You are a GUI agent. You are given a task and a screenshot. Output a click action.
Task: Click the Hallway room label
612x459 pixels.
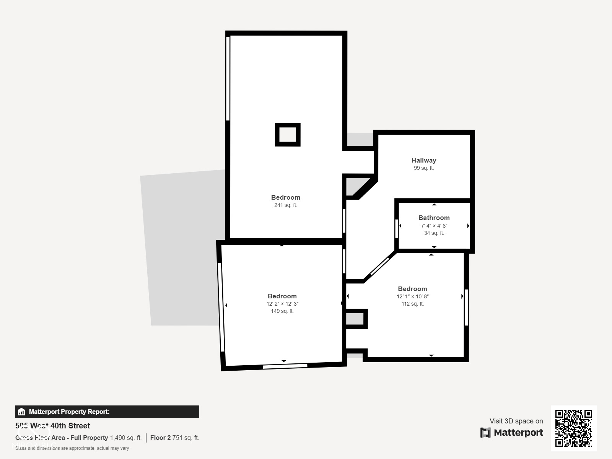pos(424,160)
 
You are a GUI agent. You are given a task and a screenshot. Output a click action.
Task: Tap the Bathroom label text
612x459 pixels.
pos(434,218)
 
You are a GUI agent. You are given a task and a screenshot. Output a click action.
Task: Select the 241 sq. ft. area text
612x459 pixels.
pos(285,205)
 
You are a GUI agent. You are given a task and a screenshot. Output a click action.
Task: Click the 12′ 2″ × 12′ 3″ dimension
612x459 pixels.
pos(282,304)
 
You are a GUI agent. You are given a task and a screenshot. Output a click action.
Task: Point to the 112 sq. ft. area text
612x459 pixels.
pos(412,304)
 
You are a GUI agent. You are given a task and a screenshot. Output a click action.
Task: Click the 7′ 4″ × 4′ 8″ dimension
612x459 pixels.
pos(434,226)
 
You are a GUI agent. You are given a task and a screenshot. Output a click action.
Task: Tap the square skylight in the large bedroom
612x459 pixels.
pos(288,135)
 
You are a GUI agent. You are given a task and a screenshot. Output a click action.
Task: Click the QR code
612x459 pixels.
pos(573,428)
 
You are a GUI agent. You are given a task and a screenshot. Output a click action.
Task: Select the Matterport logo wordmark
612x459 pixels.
pos(512,433)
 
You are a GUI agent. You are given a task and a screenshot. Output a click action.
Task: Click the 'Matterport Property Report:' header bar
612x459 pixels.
pos(107,412)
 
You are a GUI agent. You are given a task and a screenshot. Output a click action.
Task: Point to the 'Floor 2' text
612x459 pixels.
pos(160,438)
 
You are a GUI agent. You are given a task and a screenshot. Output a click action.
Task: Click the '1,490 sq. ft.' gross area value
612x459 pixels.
pos(125,438)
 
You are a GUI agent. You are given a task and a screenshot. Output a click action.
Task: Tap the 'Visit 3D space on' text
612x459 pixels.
pos(516,421)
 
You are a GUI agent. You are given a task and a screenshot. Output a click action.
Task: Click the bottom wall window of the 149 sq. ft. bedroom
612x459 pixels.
pos(285,366)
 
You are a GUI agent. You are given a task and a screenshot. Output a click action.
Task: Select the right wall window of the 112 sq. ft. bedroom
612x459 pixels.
pos(466,308)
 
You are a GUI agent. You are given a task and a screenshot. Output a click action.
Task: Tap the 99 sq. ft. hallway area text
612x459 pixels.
pos(424,168)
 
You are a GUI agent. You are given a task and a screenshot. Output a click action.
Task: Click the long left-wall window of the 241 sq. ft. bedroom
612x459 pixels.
pos(228,78)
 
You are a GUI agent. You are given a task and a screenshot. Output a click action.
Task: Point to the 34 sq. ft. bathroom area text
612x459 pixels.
pos(434,233)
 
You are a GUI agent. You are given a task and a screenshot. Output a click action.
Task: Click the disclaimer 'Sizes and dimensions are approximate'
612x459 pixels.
pos(72,448)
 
